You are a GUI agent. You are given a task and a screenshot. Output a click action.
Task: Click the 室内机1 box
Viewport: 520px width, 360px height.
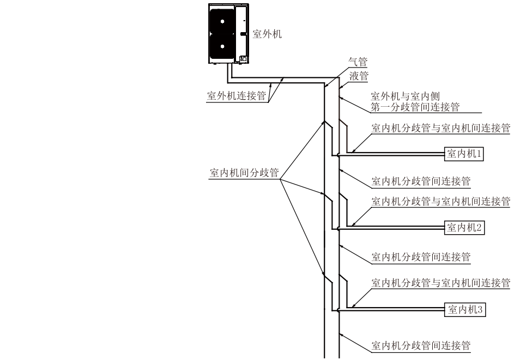coord(464,154)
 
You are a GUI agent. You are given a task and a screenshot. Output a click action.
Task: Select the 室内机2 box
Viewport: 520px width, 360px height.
coord(464,227)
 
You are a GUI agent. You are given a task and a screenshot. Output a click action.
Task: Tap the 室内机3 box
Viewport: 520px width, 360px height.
coord(464,310)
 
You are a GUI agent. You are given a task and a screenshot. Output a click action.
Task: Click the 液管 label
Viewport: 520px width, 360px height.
coord(359,76)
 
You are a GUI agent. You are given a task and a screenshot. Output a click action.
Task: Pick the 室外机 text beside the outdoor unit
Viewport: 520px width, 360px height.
coord(267,34)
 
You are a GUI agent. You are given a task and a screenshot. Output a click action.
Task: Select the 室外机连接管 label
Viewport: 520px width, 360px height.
coord(236,96)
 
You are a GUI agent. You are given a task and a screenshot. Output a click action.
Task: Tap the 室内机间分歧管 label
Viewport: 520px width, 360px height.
coord(244,173)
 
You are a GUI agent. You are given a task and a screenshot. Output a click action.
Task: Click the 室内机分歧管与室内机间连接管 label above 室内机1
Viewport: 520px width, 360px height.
coord(440,129)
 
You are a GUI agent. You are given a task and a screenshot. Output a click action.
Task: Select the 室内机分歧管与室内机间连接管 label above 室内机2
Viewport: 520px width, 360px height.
coord(440,202)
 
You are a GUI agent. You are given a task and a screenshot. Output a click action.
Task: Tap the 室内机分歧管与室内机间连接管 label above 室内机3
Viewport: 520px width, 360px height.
coord(440,283)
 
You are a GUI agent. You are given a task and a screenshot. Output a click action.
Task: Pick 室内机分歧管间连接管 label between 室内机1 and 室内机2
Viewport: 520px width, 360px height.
coord(420,181)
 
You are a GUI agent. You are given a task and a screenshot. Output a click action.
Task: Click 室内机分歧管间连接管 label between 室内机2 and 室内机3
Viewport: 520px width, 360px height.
coord(420,257)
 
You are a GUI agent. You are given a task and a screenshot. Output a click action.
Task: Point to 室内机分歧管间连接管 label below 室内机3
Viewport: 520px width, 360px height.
coord(420,345)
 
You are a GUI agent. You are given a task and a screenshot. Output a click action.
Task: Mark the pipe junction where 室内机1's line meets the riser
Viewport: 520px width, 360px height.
coord(339,155)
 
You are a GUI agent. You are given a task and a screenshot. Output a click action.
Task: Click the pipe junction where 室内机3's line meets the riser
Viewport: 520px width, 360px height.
coord(339,310)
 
